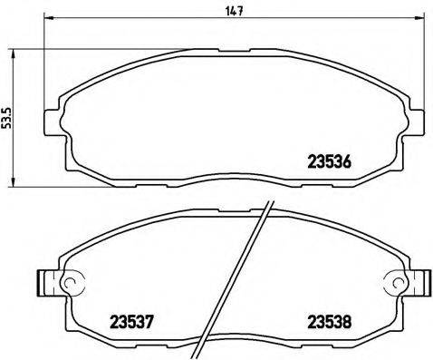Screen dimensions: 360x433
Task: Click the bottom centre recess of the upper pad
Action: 226,180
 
